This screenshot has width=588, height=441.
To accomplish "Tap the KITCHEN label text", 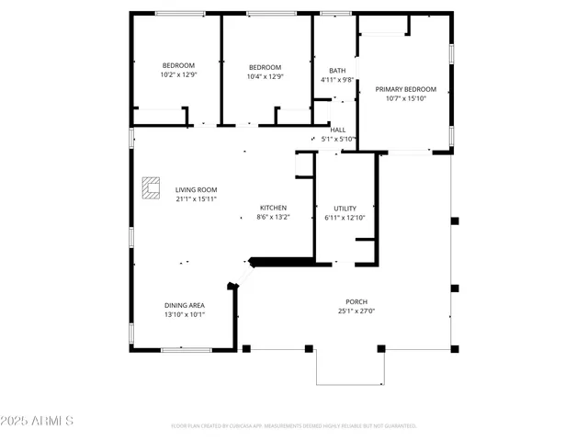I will tap(273, 208).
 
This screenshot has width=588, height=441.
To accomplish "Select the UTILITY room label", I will tap(345, 209).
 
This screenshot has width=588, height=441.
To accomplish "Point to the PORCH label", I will tap(356, 301).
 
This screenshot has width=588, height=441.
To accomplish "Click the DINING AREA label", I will tap(185, 305).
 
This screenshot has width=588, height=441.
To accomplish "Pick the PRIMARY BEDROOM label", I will tap(405, 89).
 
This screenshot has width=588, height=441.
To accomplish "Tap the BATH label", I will tap(337, 71).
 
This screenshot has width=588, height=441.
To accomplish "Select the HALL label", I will tap(338, 130).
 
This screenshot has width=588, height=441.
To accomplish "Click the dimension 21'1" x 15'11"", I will tap(196, 198).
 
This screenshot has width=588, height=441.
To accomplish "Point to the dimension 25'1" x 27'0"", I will tap(356, 311).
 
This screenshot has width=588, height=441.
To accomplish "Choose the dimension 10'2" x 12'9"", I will tap(178, 74).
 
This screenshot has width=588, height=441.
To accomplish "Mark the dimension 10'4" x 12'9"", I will tap(265, 76).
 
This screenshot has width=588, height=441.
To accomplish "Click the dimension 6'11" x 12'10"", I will tap(345, 218).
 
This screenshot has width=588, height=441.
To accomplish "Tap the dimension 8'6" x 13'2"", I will tap(273, 217).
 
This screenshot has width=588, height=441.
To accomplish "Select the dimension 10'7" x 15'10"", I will tap(405, 98).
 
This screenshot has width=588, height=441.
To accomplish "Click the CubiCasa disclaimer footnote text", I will tap(294, 426).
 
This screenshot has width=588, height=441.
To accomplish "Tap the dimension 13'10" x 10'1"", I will tap(185, 314).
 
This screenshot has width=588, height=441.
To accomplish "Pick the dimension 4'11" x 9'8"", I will tap(337, 80).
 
